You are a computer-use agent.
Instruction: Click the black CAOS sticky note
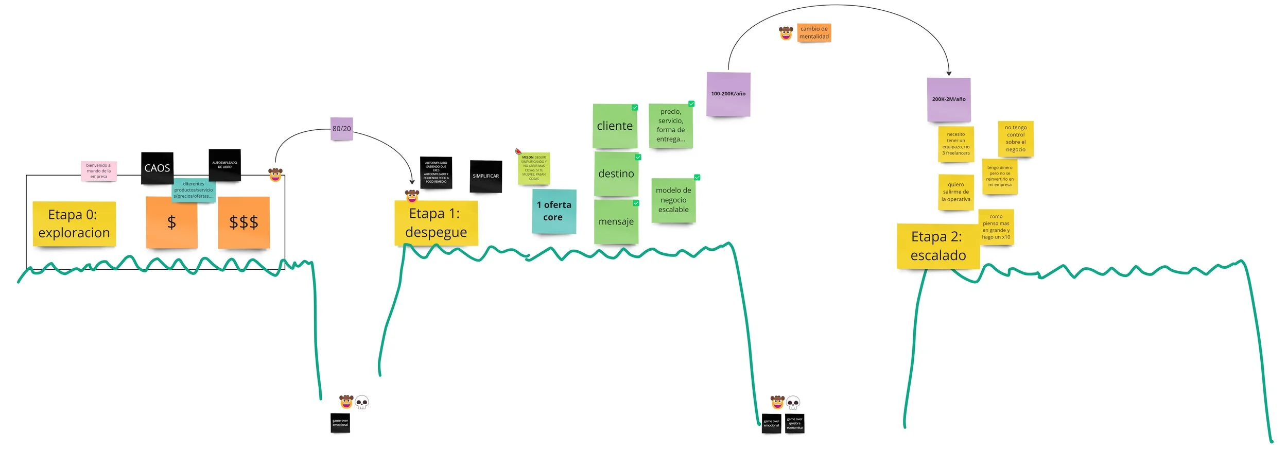pyautogui.click(x=157, y=168)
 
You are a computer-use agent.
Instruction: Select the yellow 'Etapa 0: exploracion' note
pyautogui.click(x=74, y=223)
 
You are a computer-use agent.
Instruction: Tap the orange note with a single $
pyautogui.click(x=171, y=222)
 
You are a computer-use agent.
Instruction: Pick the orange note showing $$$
pyautogui.click(x=244, y=222)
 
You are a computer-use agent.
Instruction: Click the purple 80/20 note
pyautogui.click(x=341, y=128)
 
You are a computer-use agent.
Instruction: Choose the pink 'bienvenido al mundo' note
pyautogui.click(x=98, y=171)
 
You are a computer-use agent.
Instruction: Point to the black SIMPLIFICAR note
pyautogui.click(x=485, y=176)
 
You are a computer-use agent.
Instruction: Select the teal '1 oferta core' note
pyautogui.click(x=553, y=211)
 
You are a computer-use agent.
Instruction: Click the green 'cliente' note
pyautogui.click(x=615, y=126)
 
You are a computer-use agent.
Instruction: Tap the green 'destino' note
pyautogui.click(x=616, y=174)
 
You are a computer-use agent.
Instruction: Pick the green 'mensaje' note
pyautogui.click(x=616, y=222)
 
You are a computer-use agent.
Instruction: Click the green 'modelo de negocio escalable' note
pyautogui.click(x=673, y=200)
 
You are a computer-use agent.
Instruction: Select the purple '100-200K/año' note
pyautogui.click(x=728, y=94)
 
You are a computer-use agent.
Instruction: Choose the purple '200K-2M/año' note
pyautogui.click(x=948, y=99)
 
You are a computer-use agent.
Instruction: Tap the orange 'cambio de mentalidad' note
pyautogui.click(x=814, y=32)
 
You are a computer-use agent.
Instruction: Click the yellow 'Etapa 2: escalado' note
pyautogui.click(x=937, y=246)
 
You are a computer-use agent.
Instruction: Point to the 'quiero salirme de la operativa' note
pyautogui.click(x=955, y=192)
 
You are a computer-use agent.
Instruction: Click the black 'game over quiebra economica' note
pyautogui.click(x=794, y=423)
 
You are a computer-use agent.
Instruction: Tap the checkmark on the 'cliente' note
pyautogui.click(x=635, y=108)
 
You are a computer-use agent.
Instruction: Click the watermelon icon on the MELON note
pyautogui.click(x=518, y=151)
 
